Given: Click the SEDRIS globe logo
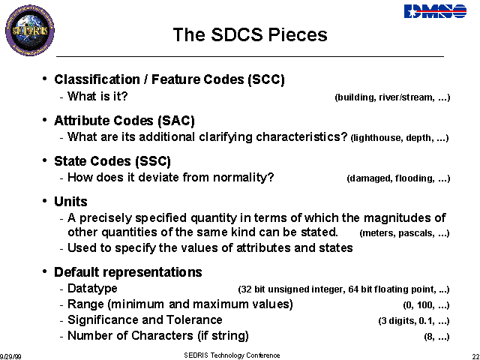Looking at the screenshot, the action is point(30,30).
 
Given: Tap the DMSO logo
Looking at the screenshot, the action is point(435,11).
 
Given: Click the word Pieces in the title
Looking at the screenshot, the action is point(298,34).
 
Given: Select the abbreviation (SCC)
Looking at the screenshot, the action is point(266,79).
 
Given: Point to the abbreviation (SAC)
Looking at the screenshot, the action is point(176,121).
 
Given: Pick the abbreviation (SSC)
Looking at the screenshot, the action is point(153,161).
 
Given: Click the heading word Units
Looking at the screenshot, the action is point(70,202).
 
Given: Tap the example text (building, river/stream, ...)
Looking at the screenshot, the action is point(392,97).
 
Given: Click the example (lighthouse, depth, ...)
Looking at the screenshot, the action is point(400,138).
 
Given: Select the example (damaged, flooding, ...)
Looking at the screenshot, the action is point(398,178).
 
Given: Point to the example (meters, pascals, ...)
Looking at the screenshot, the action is point(404,233).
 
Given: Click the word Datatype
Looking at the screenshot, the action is point(92,289).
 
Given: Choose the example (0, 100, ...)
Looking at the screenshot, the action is point(426,305).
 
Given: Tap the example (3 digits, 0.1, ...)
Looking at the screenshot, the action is point(414,321).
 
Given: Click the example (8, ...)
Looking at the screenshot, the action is point(436,337).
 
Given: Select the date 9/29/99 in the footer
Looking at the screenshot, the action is point(10,357).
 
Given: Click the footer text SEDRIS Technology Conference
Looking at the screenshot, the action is point(232,355).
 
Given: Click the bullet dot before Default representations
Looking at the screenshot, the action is point(45,271).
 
